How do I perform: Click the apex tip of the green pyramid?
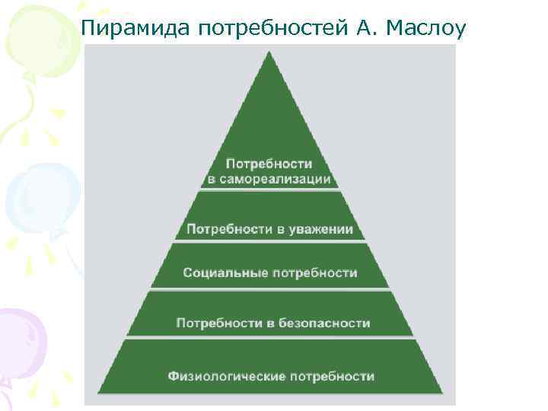269,53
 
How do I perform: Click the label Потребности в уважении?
269,229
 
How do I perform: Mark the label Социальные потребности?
269,273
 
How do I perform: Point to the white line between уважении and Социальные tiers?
269,243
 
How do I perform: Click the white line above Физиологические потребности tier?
269,338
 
